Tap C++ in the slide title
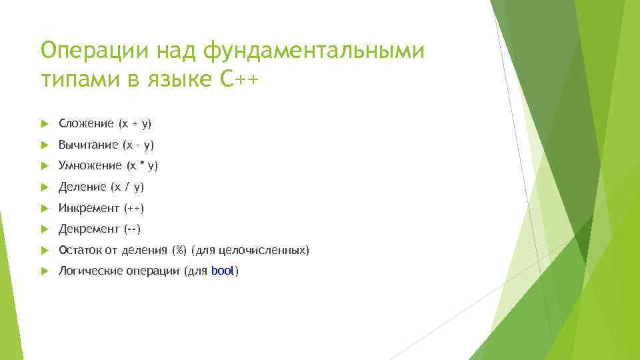coord(238,80)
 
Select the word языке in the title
coord(175,80)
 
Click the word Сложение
coord(86,123)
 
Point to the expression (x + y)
coord(135,123)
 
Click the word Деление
coord(83,187)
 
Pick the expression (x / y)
coord(128,187)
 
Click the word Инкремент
coord(89,208)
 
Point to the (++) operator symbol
coord(133,208)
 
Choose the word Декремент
coord(88,229)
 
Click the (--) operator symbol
coord(132,229)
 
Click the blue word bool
coord(222,271)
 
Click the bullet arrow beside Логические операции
coord(44,271)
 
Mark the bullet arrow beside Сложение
coord(44,123)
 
